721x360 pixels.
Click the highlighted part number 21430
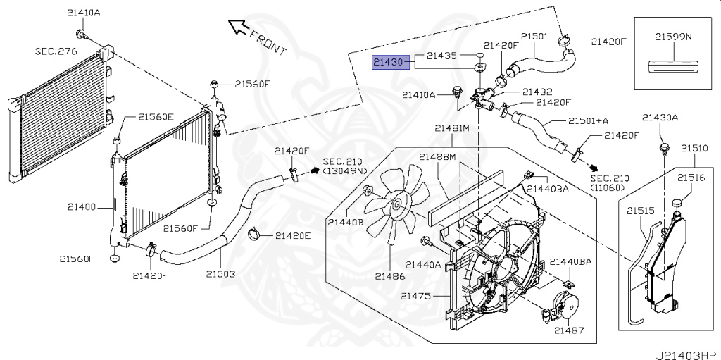point(388,63)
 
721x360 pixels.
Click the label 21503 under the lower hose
point(220,273)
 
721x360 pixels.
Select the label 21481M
point(451,128)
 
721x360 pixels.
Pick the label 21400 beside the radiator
point(82,207)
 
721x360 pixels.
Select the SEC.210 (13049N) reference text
point(344,166)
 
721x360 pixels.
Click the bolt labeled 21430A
point(663,147)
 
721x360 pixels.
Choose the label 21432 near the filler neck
point(537,92)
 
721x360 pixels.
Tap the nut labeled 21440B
point(367,192)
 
